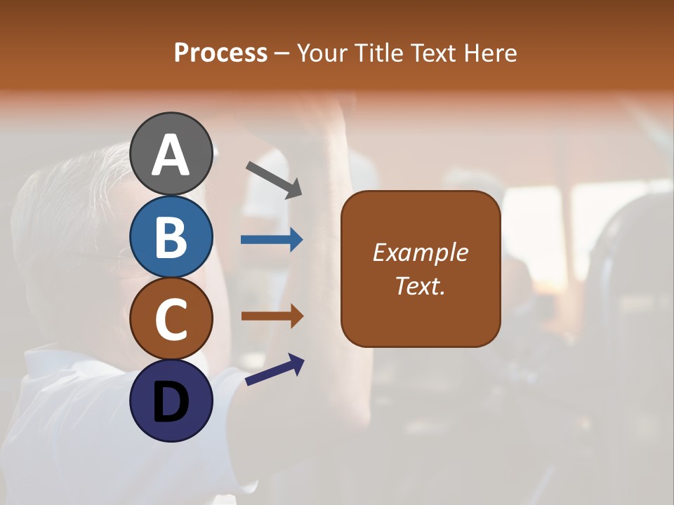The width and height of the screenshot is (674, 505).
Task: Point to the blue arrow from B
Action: (272, 240)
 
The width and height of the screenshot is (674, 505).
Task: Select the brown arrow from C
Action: (272, 316)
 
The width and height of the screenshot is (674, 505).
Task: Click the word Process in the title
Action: (220, 53)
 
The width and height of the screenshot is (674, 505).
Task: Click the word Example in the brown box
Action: (420, 252)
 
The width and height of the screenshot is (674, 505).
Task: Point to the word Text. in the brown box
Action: (420, 285)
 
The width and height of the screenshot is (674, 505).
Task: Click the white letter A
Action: (171, 156)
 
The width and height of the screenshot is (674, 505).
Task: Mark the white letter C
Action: (171, 319)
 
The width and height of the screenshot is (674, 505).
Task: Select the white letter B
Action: (171, 237)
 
